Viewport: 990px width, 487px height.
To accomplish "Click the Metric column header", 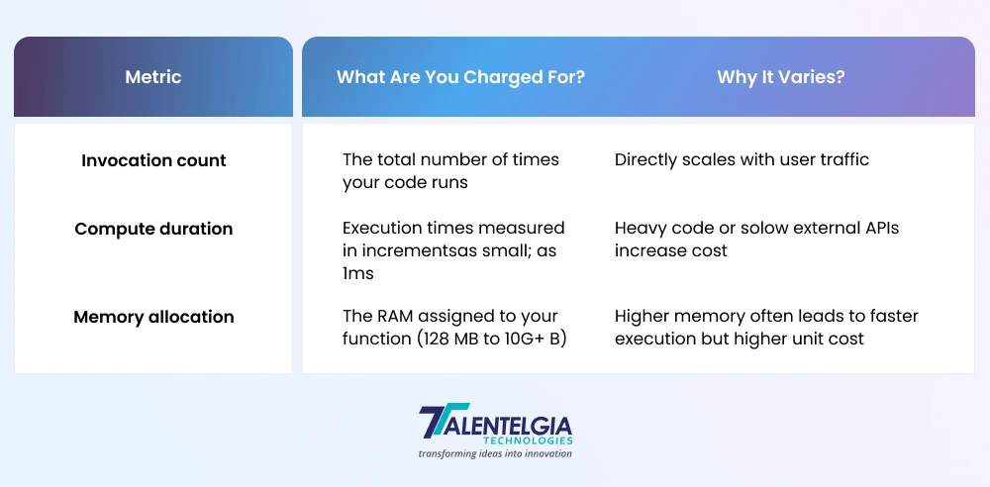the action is pos(153,77).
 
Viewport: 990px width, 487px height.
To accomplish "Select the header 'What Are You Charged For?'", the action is pos(461,77).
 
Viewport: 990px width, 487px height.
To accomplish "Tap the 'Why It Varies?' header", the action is pos(781,77).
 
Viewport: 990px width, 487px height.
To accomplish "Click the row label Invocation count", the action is pos(153,160).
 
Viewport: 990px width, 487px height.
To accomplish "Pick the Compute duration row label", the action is pos(153,229).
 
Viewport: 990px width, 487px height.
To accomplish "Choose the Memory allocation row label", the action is pos(153,317).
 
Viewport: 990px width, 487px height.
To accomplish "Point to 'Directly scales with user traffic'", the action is pos(742,159).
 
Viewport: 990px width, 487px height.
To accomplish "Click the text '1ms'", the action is pos(358,273).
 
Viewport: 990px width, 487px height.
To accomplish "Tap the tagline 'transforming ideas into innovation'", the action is pos(495,453).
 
